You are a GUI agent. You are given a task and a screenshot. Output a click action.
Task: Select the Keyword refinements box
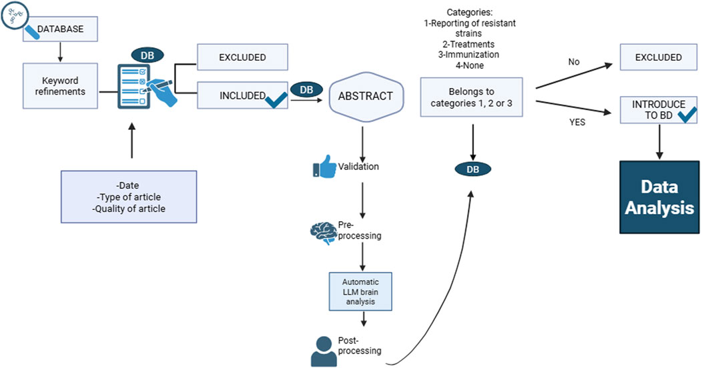[x=61, y=86]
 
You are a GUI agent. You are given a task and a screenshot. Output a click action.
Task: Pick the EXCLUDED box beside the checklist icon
[x=242, y=58]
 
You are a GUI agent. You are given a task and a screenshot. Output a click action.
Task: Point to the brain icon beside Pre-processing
[x=322, y=231]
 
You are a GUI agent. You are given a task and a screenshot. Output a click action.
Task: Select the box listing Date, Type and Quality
[x=128, y=197]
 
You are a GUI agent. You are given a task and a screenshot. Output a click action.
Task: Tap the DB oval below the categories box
[x=472, y=169]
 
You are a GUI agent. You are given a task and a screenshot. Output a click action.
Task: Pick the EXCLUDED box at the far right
[x=658, y=58]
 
